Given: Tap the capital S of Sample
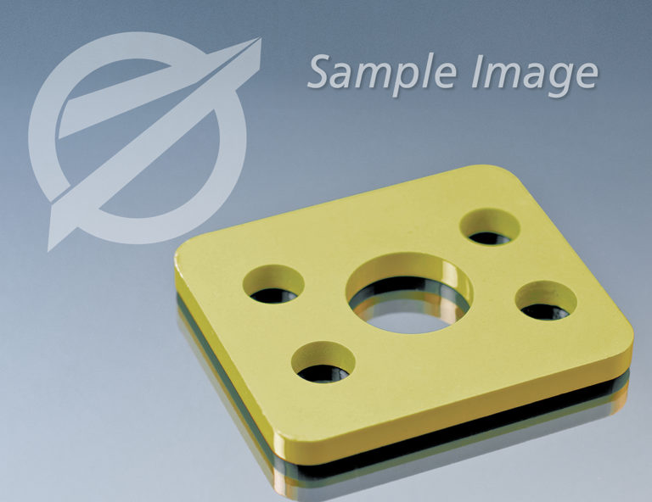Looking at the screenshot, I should pyautogui.click(x=319, y=72).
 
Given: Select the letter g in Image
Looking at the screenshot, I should pyautogui.click(x=554, y=80).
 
